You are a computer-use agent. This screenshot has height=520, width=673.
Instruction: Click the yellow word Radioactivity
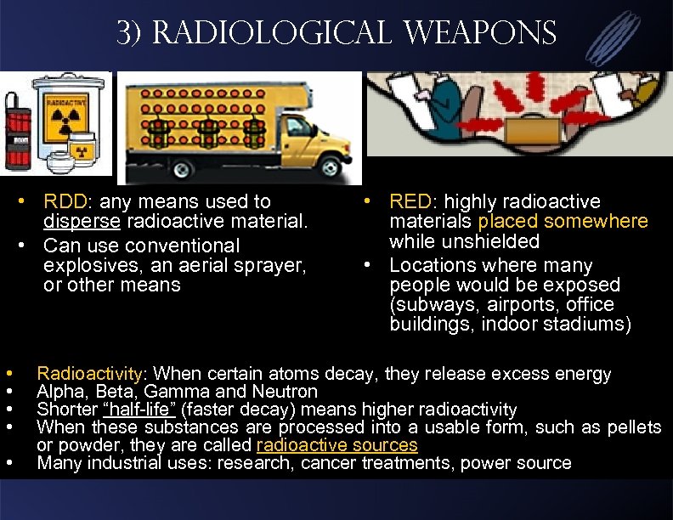click(x=91, y=374)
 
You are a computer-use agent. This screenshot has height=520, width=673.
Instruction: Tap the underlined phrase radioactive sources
click(x=336, y=445)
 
